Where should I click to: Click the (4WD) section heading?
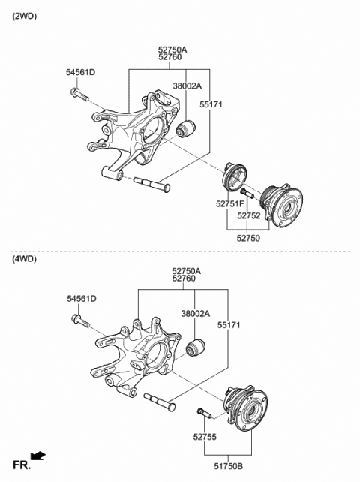pyautogui.click(x=24, y=259)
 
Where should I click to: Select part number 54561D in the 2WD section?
pyautogui.click(x=81, y=72)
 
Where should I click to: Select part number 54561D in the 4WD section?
pyautogui.click(x=81, y=299)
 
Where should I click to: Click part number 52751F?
pyautogui.click(x=229, y=203)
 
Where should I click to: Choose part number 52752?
pyautogui.click(x=249, y=215)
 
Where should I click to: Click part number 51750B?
pyautogui.click(x=229, y=466)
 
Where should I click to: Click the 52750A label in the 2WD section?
pyautogui.click(x=172, y=49)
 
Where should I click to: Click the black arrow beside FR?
pyautogui.click(x=38, y=456)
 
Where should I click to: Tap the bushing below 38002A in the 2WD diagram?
pyautogui.click(x=186, y=130)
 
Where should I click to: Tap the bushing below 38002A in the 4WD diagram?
pyautogui.click(x=196, y=348)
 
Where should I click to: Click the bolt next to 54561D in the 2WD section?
pyautogui.click(x=79, y=95)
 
